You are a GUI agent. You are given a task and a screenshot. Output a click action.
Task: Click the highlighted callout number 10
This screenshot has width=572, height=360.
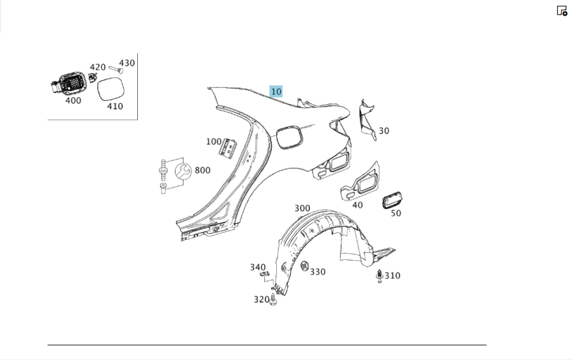[276, 91]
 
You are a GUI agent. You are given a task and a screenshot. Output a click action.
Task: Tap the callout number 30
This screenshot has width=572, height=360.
[384, 130]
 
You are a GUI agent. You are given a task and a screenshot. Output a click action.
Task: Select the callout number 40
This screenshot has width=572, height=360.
[357, 205]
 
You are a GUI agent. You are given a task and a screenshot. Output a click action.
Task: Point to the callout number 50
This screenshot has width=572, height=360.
[396, 213]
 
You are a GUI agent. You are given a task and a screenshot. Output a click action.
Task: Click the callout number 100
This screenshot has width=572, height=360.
[213, 141]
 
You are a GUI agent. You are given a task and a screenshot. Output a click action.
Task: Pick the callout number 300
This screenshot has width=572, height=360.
[302, 208]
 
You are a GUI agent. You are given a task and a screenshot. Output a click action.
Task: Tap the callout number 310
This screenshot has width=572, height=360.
[392, 275]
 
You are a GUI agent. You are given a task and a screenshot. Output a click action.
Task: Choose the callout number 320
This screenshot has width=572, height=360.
[261, 299]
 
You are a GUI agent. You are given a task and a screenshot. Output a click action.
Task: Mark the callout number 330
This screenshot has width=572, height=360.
[317, 272]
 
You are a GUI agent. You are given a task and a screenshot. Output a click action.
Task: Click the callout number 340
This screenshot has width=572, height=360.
[258, 267]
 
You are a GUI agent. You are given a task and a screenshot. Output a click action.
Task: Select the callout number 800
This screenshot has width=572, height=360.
[202, 170]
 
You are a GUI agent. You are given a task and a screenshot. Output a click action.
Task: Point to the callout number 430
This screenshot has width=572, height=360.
[127, 63]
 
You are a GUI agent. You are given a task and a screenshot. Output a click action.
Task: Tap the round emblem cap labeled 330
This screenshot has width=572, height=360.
[303, 267]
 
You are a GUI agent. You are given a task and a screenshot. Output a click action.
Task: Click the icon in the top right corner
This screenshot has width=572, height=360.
[562, 10]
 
